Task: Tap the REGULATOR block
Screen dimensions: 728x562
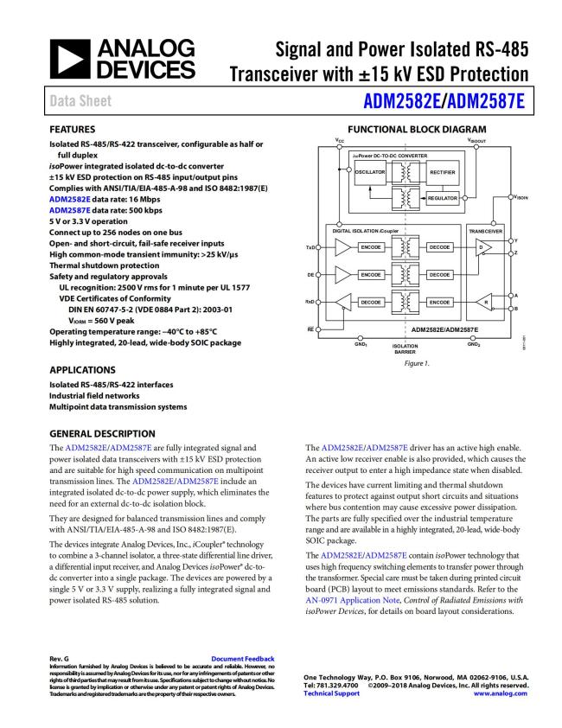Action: click(442, 199)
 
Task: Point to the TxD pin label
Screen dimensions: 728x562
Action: click(310, 248)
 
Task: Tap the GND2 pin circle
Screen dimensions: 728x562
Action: click(473, 338)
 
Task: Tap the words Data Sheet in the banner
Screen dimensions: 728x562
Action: click(77, 100)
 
